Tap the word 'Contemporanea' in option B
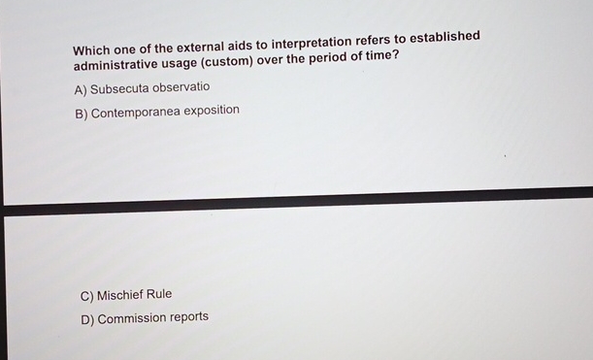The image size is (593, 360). pyautogui.click(x=134, y=113)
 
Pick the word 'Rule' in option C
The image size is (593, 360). pyautogui.click(x=159, y=293)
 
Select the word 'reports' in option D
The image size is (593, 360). pyautogui.click(x=189, y=316)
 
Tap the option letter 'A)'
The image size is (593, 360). pyautogui.click(x=81, y=89)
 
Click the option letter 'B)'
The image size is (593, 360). pyautogui.click(x=81, y=114)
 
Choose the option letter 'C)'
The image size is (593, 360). pyautogui.click(x=87, y=295)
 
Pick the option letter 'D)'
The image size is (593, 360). pyautogui.click(x=87, y=319)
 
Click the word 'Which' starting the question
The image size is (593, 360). pyautogui.click(x=92, y=49)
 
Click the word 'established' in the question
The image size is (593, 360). pyautogui.click(x=445, y=37)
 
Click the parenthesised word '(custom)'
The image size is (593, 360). pyautogui.click(x=227, y=61)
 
